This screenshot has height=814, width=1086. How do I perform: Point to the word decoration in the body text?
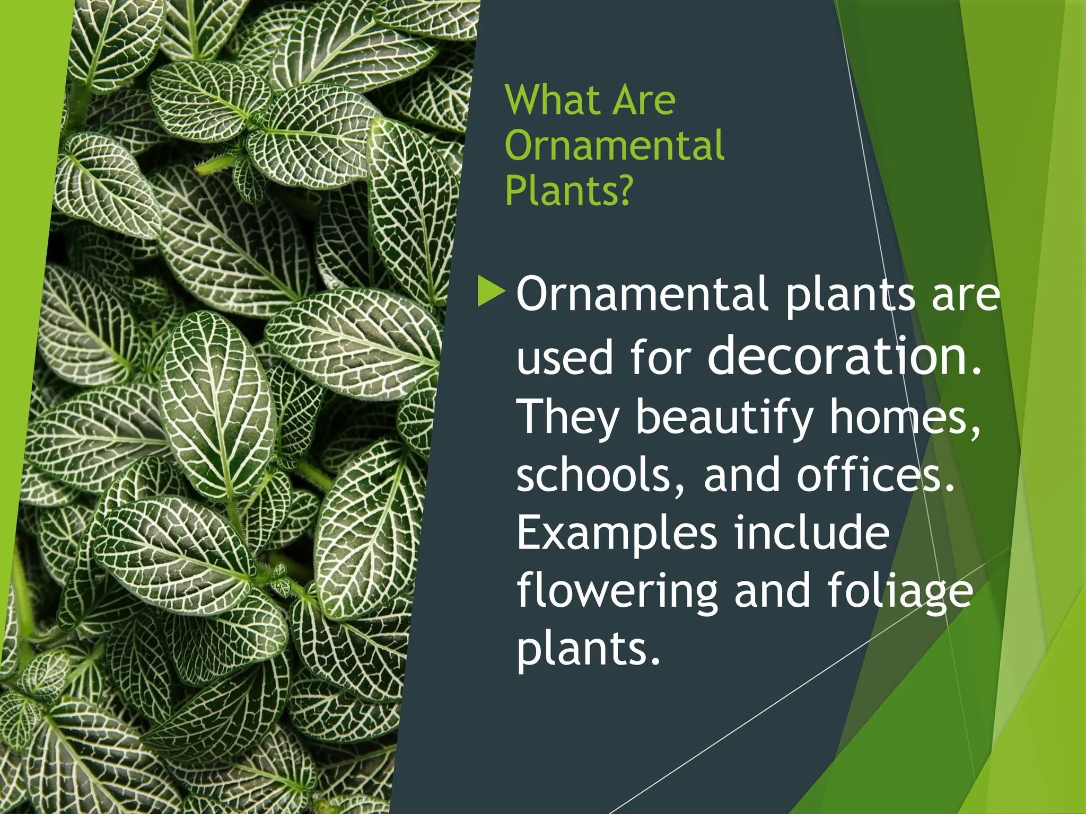point(844,356)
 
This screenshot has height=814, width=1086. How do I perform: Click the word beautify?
point(724,418)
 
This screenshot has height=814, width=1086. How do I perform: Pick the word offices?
point(875,475)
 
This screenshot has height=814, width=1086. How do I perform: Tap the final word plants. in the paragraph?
point(589,650)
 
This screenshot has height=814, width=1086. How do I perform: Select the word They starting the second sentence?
point(567,418)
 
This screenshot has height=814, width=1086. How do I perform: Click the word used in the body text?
point(564,357)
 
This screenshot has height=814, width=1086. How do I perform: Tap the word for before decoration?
point(661,357)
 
